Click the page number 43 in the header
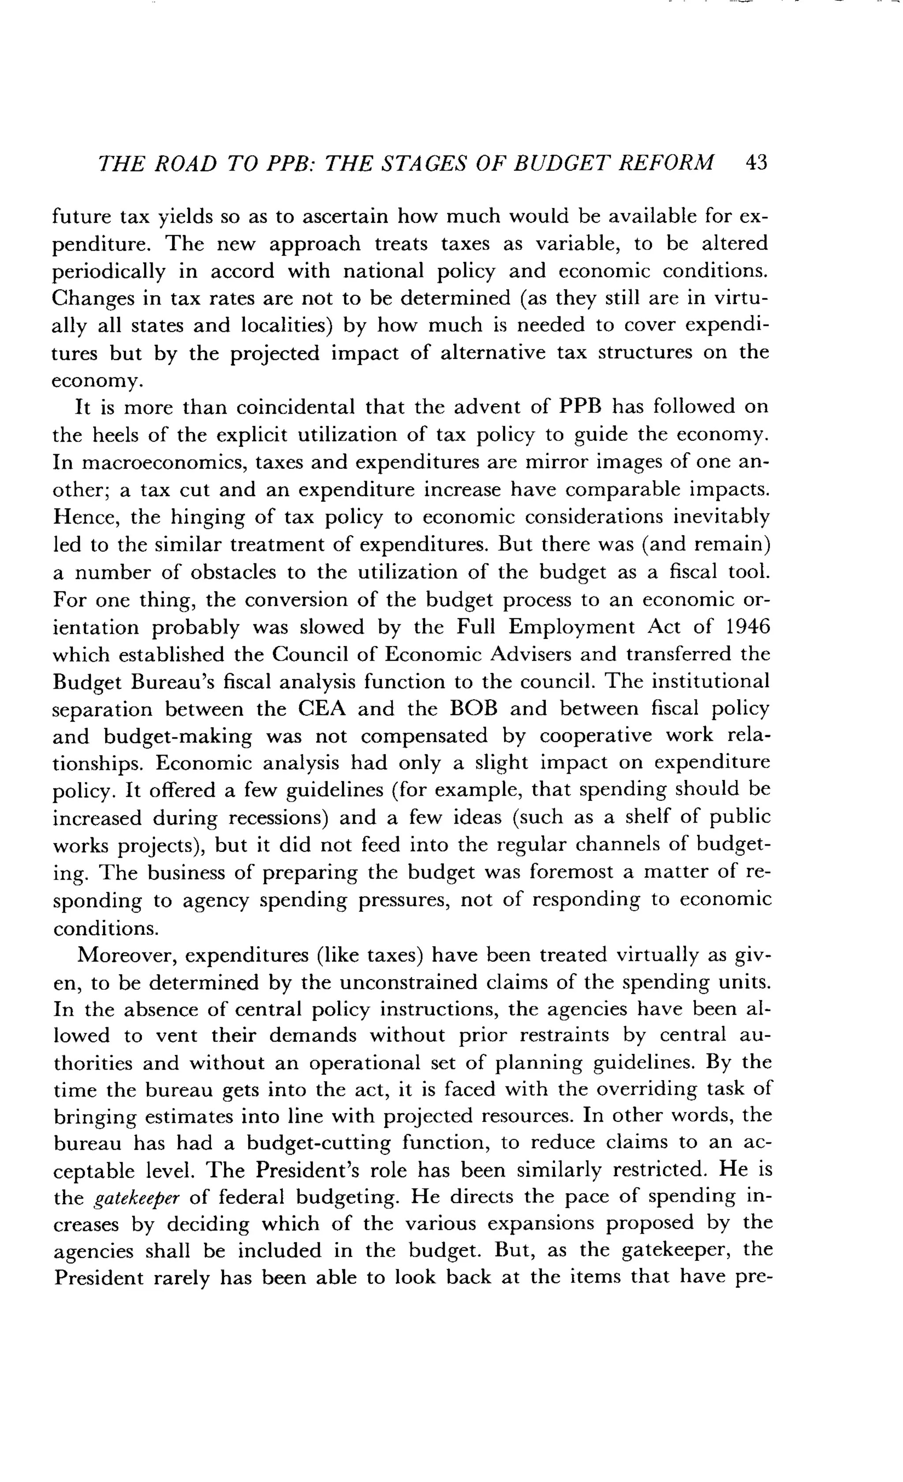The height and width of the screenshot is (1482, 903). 756,163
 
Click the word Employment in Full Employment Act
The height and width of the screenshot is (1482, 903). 571,627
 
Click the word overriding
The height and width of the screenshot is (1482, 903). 643,1089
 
